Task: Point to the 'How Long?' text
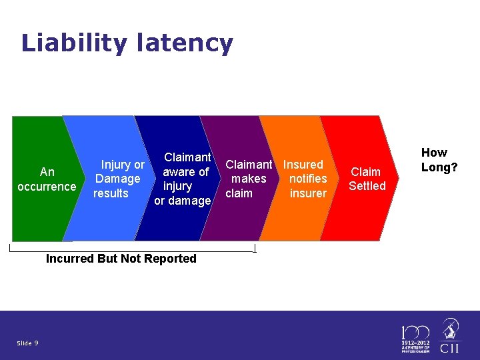click(x=439, y=160)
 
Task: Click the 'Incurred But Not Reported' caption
click(x=121, y=259)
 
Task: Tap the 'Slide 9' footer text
click(x=27, y=343)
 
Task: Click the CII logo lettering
click(x=451, y=348)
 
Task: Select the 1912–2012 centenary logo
click(x=415, y=339)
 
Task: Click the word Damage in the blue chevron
click(x=117, y=179)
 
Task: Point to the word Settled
click(x=367, y=186)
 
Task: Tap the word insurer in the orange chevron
click(x=308, y=193)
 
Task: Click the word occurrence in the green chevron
click(x=47, y=187)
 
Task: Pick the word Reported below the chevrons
click(x=171, y=259)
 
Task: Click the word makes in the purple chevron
click(x=249, y=179)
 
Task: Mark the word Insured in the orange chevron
click(x=303, y=164)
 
